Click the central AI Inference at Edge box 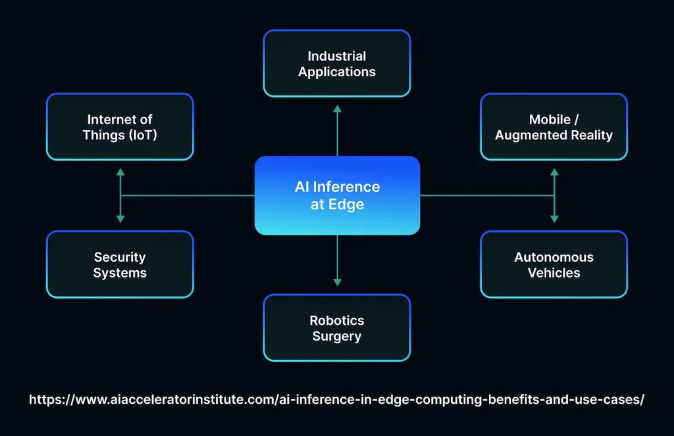tap(337, 195)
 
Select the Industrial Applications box tap(337, 64)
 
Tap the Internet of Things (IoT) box tap(120, 127)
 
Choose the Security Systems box tap(120, 264)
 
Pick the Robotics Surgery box tap(337, 327)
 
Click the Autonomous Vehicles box tap(554, 264)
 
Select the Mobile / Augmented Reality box tap(554, 127)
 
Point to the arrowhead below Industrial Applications tap(337, 109)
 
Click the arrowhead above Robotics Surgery tap(337, 281)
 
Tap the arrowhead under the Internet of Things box tap(120, 172)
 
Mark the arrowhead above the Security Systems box tap(120, 218)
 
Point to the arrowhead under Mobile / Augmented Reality tap(554, 172)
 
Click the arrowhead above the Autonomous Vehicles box tap(554, 218)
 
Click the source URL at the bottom tap(336, 399)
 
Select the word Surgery tap(337, 336)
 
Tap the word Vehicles tap(554, 273)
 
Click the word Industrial tap(337, 56)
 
